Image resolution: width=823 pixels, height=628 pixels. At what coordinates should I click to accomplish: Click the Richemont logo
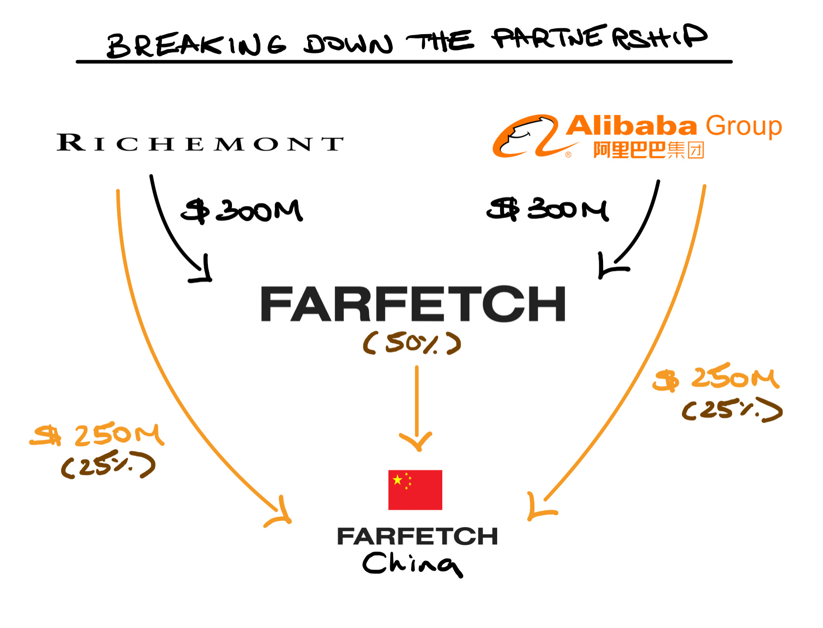(x=200, y=143)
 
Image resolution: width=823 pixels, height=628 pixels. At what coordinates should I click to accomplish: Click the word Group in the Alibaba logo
(x=743, y=126)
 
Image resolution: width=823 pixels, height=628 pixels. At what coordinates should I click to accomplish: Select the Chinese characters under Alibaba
(x=648, y=150)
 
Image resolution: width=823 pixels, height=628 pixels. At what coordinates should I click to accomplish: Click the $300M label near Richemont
(x=242, y=211)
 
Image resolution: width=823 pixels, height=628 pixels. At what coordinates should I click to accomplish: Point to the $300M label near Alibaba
(x=547, y=210)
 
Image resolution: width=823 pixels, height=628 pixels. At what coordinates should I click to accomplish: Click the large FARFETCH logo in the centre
(x=412, y=304)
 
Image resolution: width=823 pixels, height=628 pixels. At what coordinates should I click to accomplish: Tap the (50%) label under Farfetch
(x=412, y=343)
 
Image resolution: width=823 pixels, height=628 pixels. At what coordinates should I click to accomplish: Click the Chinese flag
(x=415, y=490)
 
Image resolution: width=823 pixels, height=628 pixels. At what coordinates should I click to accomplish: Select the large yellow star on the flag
(x=398, y=480)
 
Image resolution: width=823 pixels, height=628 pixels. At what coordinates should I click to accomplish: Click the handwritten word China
(x=412, y=564)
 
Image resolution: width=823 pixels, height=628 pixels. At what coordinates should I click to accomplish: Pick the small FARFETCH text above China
(x=417, y=536)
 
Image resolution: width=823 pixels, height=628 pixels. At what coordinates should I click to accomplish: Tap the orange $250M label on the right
(x=716, y=378)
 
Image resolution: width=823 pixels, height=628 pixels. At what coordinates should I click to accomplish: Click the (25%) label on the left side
(x=108, y=465)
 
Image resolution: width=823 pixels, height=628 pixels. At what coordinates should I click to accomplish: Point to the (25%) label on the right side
(x=732, y=410)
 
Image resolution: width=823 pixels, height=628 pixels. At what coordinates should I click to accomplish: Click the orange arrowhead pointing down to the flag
(x=416, y=440)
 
